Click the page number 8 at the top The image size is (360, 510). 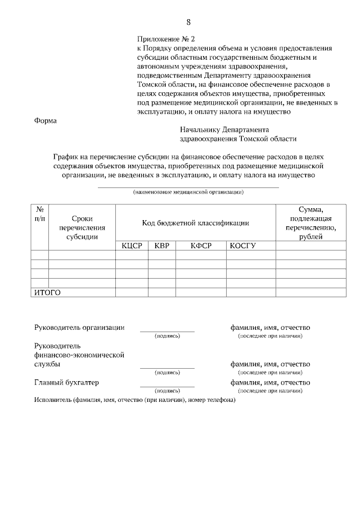[x=188, y=22]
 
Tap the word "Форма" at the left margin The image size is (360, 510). [x=46, y=120]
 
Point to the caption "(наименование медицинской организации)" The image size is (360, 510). [x=188, y=192]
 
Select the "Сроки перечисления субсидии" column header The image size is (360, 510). [x=82, y=227]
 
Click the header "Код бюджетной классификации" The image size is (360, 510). [x=195, y=223]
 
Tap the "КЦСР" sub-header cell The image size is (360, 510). [x=132, y=245]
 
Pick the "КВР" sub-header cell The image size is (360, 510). [x=162, y=245]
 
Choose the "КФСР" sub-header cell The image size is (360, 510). [x=201, y=245]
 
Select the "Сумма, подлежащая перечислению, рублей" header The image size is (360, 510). [x=310, y=223]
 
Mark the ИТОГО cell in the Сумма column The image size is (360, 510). [x=310, y=292]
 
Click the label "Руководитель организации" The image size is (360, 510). [x=79, y=328]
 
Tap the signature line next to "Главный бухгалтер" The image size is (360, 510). [x=167, y=386]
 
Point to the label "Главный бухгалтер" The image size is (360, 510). [x=66, y=383]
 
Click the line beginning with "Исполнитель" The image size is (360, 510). [x=134, y=400]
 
